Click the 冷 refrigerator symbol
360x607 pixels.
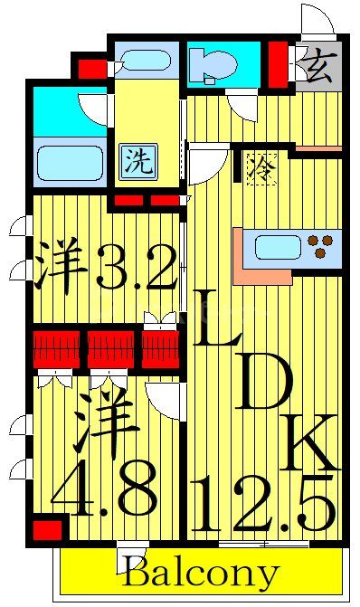[x=260, y=167]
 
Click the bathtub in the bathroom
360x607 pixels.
[x=71, y=164]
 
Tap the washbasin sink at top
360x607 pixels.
[x=144, y=62]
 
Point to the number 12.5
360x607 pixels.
[x=268, y=507]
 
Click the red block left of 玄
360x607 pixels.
[x=278, y=64]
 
